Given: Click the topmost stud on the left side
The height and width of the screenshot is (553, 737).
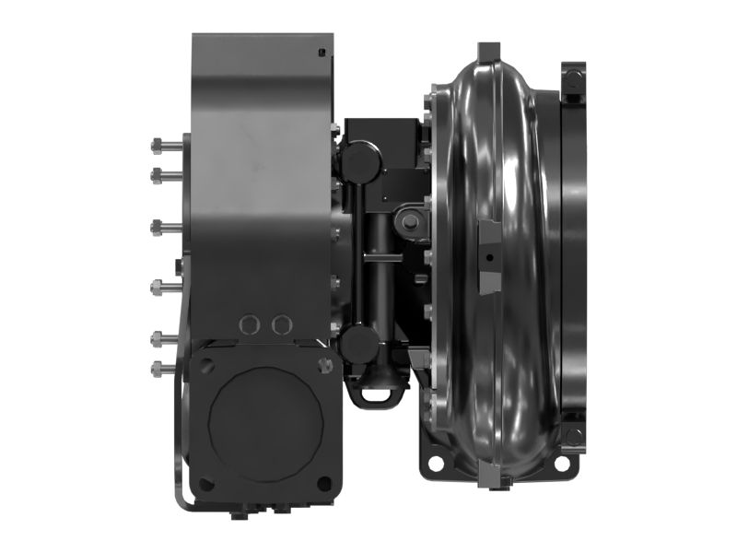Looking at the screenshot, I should (157, 144).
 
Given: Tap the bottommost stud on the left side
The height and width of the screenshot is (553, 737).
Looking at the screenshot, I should (157, 369).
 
